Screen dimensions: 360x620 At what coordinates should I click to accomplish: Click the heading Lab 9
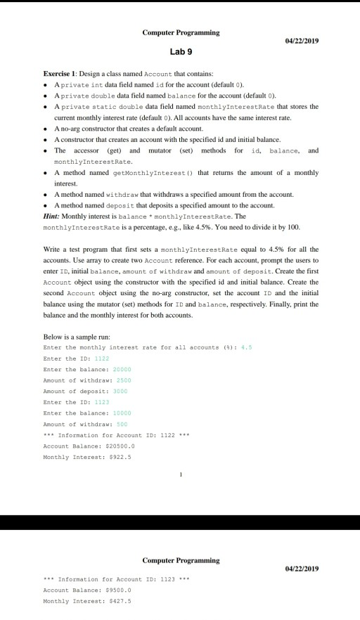click(181, 51)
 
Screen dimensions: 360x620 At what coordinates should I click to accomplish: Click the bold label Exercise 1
click(60, 72)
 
